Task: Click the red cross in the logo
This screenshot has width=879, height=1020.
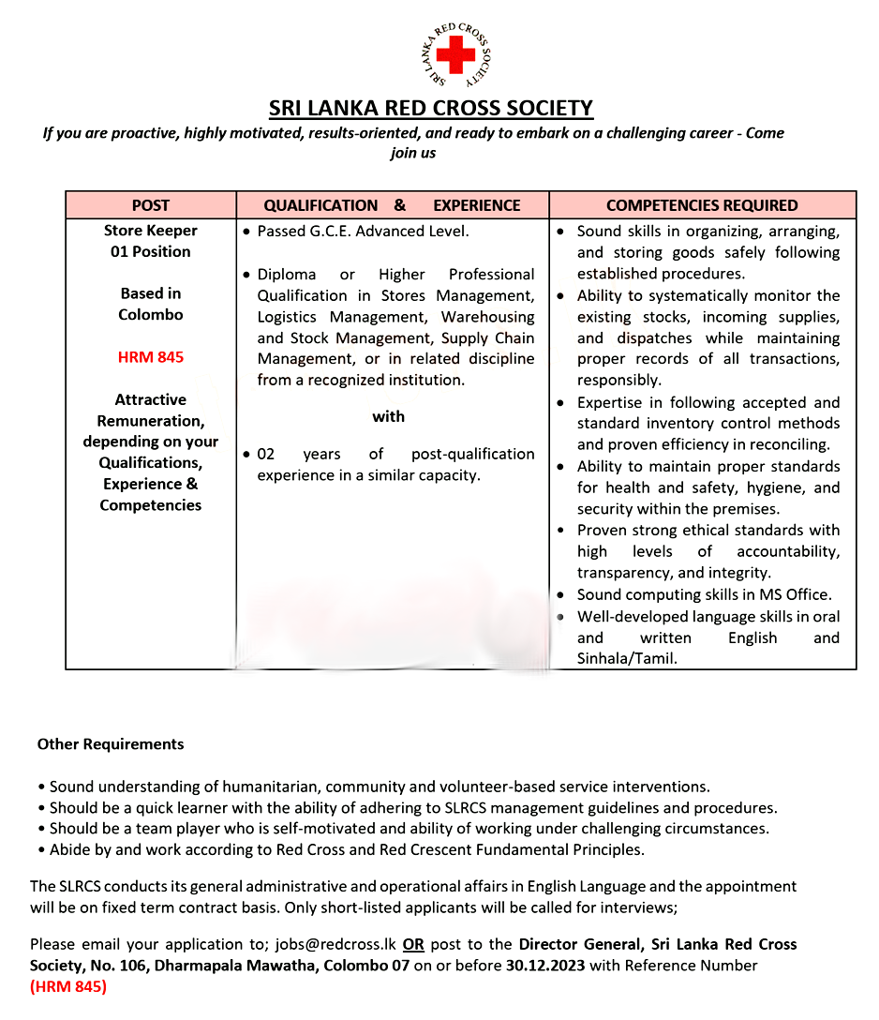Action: click(456, 56)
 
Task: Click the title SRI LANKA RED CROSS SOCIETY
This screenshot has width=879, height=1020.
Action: click(431, 109)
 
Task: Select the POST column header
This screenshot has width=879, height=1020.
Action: click(150, 205)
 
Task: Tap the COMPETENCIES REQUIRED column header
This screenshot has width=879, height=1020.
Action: click(702, 205)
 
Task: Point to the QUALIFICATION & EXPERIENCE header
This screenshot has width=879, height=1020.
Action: click(392, 205)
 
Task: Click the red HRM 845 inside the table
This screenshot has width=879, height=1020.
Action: click(150, 357)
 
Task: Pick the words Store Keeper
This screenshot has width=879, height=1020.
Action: click(150, 230)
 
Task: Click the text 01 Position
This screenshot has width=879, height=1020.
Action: click(150, 251)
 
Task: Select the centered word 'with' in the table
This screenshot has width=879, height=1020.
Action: click(388, 416)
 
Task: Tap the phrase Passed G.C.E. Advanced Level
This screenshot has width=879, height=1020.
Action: click(363, 231)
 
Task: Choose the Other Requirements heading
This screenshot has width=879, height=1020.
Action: click(111, 744)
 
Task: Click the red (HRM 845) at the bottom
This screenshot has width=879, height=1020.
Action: click(68, 986)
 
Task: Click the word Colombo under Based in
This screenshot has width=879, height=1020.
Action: click(150, 315)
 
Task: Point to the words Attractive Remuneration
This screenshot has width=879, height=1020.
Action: click(150, 410)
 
